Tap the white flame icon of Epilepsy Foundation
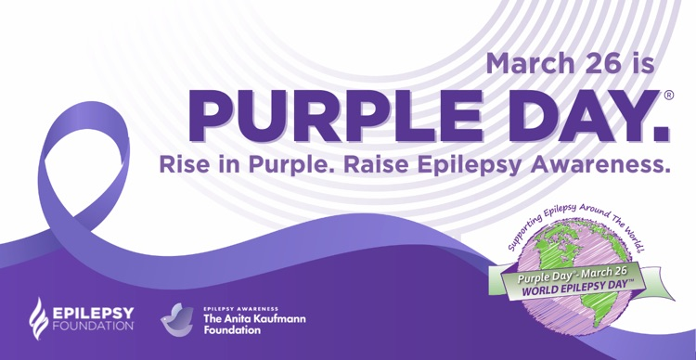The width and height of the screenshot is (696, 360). (x=39, y=317)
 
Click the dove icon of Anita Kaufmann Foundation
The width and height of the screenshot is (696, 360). (x=176, y=318)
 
